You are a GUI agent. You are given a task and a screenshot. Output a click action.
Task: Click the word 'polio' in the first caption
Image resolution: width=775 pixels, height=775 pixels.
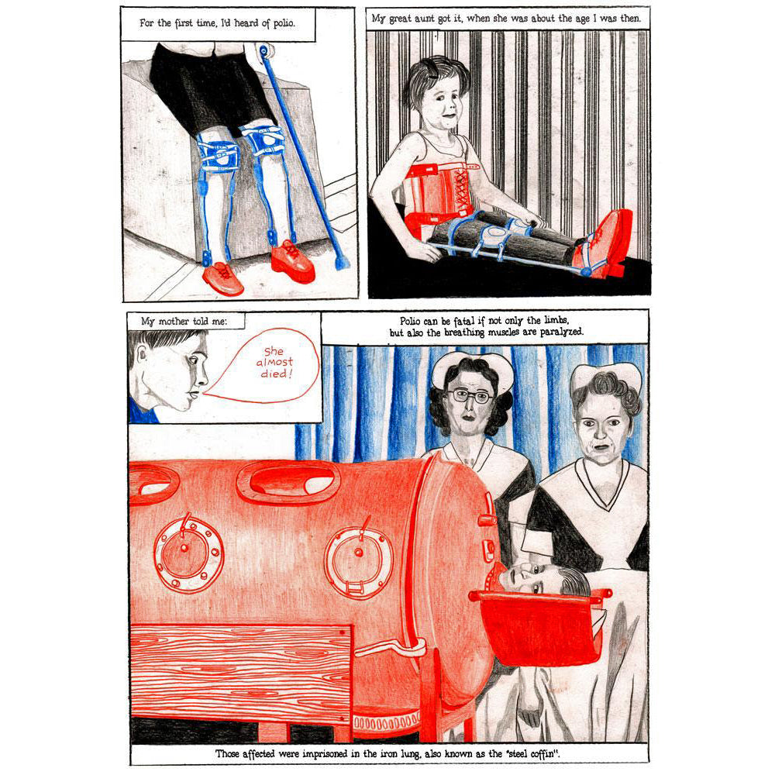284,23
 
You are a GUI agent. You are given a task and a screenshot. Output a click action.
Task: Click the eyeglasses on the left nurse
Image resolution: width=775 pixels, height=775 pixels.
470,396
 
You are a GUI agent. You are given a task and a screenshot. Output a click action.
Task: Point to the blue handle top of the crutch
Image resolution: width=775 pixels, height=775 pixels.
264,51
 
